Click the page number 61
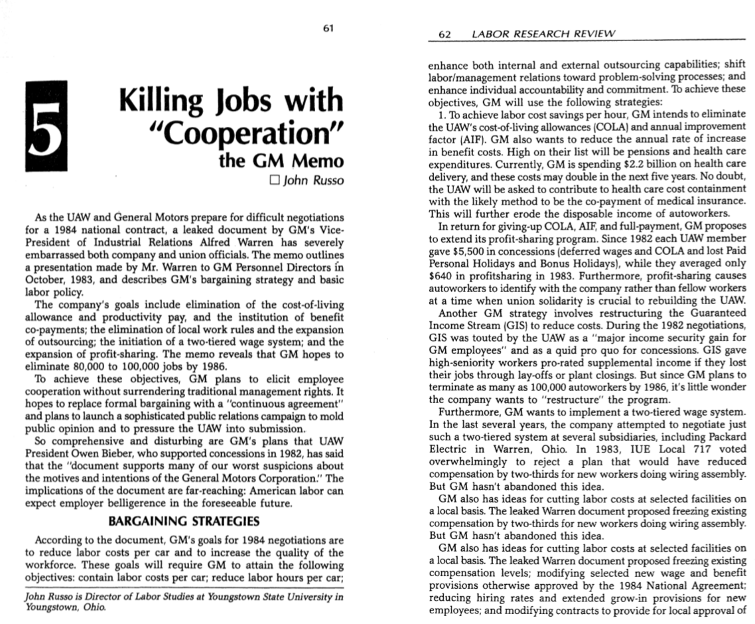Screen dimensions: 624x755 tap(327, 28)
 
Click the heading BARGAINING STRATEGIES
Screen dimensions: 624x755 tap(183, 520)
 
